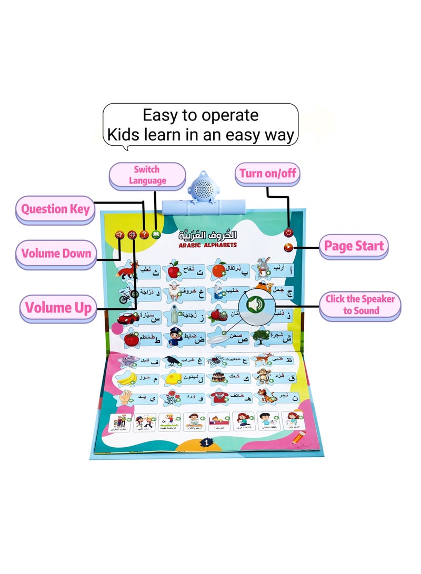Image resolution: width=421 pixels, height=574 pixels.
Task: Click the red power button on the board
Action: [x=288, y=232]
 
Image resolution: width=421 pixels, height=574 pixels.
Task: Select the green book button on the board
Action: [x=155, y=235]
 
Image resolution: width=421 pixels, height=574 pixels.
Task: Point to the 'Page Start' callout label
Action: [x=354, y=246]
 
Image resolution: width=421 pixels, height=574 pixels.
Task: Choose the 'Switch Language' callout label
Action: [x=147, y=175]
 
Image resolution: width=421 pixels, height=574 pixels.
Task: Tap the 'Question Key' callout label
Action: [x=55, y=209]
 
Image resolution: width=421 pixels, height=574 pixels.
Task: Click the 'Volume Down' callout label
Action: [x=56, y=254]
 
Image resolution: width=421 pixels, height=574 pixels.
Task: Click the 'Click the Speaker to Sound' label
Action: [x=360, y=305]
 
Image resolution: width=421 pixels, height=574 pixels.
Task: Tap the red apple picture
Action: [x=173, y=271]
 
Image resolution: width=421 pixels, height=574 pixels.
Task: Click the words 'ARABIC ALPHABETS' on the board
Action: [x=206, y=245]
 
